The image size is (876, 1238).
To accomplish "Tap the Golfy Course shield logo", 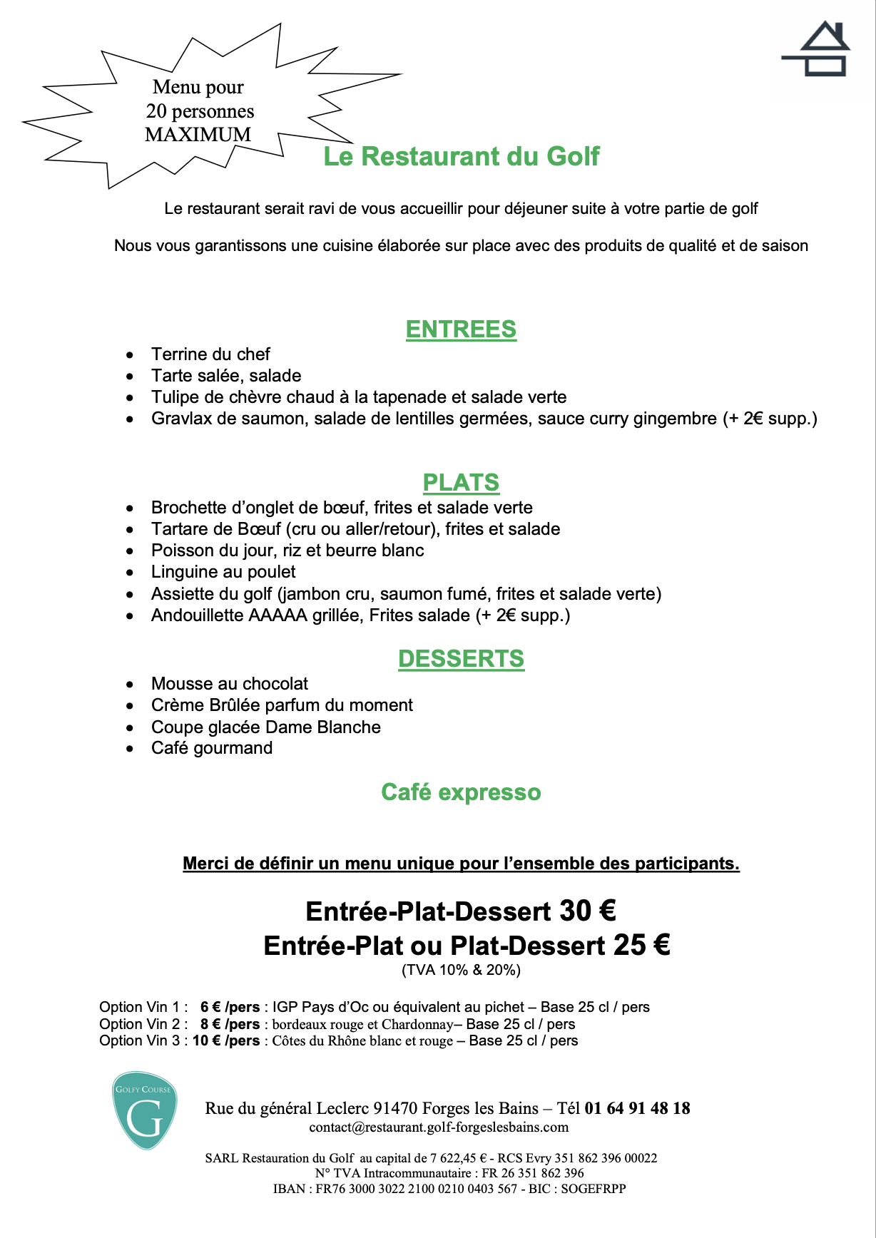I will point(145,1110).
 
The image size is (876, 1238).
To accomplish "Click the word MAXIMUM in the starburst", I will point(198,135).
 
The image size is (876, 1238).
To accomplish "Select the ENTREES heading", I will point(461,329).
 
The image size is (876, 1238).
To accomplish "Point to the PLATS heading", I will point(461,483).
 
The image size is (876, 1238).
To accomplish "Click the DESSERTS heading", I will point(461,659).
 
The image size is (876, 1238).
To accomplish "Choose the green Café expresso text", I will point(461,792).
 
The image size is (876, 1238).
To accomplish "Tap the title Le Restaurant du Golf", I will point(461,157).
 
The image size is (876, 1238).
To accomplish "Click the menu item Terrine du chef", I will point(210,354).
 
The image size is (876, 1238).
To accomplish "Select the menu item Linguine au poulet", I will point(223,572).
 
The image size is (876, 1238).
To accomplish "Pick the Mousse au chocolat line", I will point(230,684).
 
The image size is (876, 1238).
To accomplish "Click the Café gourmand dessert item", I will point(212,748).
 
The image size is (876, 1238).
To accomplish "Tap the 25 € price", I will point(641,946).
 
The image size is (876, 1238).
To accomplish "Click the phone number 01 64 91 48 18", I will point(637,1108).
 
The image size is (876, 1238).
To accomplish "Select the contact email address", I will point(439,1127).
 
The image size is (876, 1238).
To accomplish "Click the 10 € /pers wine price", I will point(226,1041).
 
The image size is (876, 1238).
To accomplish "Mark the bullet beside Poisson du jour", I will point(130,551).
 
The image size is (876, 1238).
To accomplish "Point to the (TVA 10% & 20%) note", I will point(461,970).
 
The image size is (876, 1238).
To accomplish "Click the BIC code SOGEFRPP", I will point(593,1189).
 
